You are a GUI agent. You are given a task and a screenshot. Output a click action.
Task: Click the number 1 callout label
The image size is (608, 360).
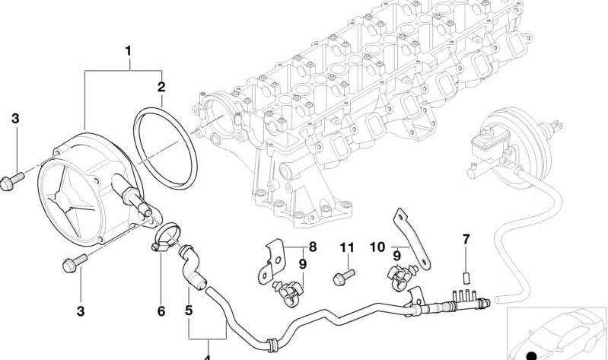[128, 52]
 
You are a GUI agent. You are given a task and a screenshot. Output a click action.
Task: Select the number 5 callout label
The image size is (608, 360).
[189, 311]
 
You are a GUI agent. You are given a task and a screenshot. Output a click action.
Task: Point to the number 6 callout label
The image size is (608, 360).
[161, 311]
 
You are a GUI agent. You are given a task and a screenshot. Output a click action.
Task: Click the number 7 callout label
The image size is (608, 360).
[466, 241]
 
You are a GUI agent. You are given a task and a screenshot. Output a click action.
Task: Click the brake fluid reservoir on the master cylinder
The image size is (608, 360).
[477, 143]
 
